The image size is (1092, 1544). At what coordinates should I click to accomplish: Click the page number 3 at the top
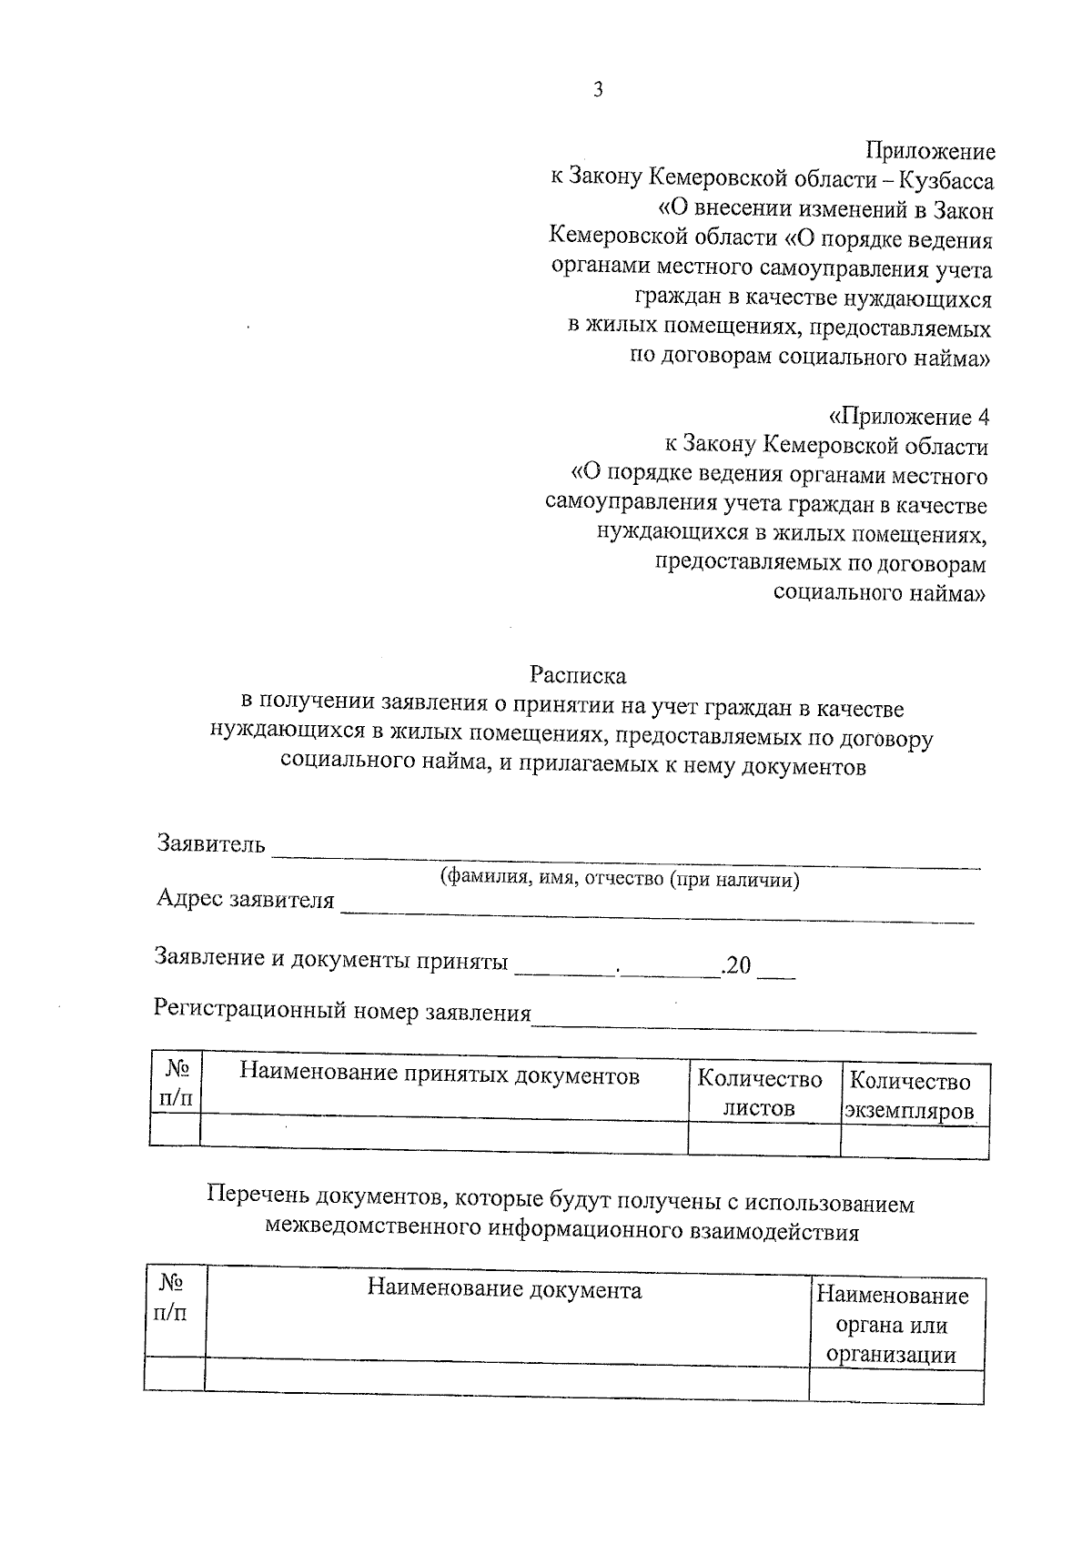click(x=597, y=89)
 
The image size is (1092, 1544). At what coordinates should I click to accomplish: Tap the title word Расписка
click(x=579, y=676)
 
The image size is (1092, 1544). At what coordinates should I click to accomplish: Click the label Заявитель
click(x=211, y=843)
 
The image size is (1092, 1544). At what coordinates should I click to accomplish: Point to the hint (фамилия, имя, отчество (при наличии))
click(x=619, y=879)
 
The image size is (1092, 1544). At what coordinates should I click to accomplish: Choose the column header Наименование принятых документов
click(x=440, y=1075)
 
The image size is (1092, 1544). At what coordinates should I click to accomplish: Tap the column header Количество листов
click(x=760, y=1094)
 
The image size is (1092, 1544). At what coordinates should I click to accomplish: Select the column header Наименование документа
click(x=504, y=1289)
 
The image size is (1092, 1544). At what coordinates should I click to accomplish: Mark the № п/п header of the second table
click(x=172, y=1297)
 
